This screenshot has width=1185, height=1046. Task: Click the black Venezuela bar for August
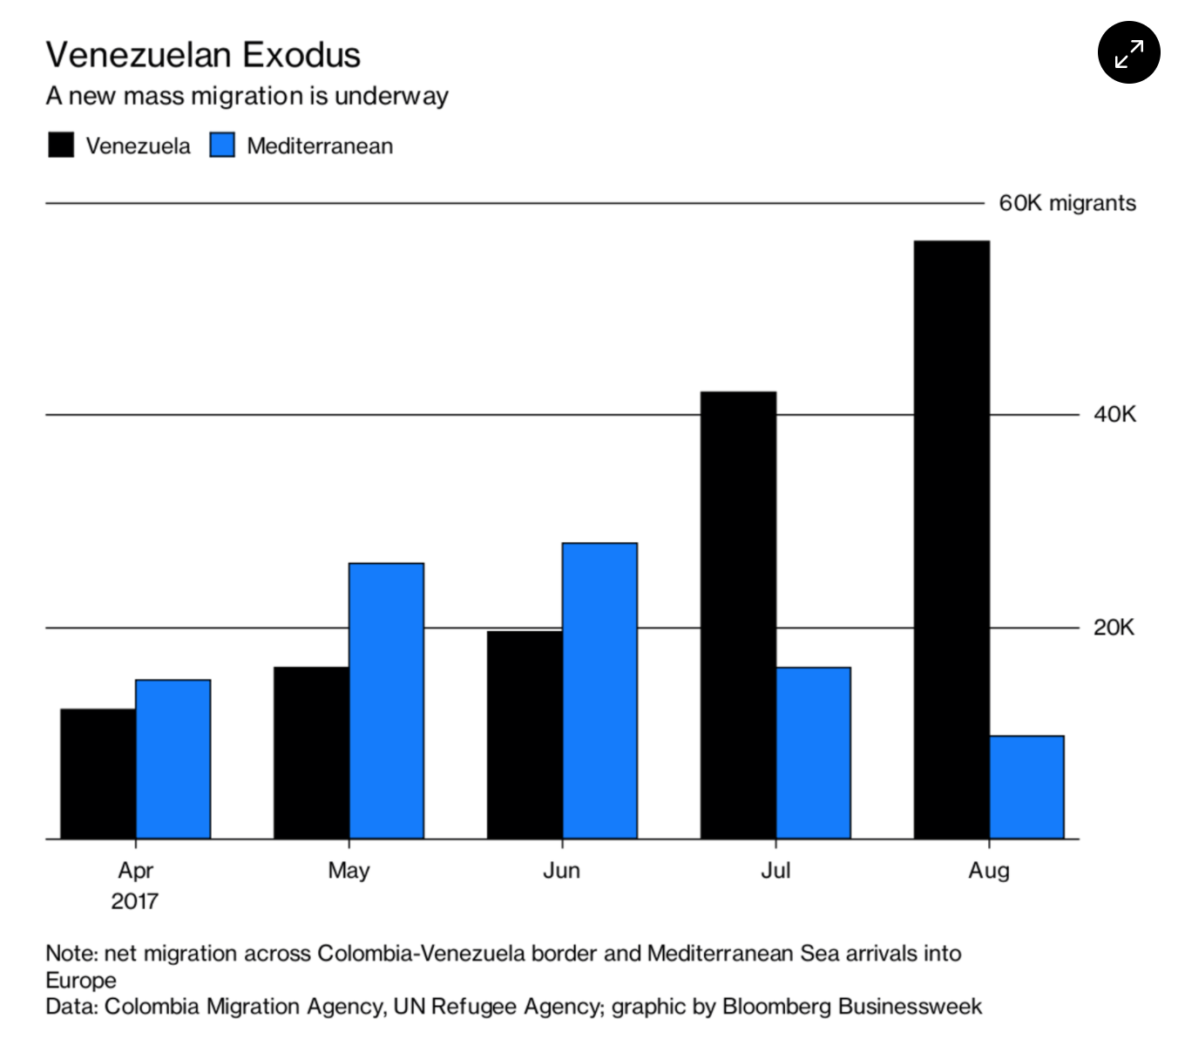click(951, 540)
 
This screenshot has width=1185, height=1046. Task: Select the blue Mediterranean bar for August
click(1026, 787)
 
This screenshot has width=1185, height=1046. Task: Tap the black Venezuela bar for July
click(738, 615)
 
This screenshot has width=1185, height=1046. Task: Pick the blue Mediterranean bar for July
click(813, 753)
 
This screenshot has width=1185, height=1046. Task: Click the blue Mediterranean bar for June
click(599, 690)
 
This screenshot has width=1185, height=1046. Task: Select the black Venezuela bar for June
click(525, 734)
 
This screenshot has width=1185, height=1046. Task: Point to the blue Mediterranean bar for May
click(386, 701)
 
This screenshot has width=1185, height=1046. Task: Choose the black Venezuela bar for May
click(311, 752)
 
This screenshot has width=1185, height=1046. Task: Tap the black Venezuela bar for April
click(98, 773)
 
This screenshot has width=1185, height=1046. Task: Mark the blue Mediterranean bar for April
click(173, 758)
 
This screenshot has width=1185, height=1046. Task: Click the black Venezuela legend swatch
click(61, 146)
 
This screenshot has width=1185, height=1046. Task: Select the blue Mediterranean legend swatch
click(222, 146)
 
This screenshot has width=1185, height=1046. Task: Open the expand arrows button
click(1128, 53)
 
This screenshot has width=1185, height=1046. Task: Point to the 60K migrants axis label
click(1066, 203)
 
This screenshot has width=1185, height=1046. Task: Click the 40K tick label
click(1114, 414)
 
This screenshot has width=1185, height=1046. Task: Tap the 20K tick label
click(1114, 627)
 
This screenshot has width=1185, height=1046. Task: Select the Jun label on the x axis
click(561, 870)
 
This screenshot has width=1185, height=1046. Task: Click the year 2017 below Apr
click(134, 900)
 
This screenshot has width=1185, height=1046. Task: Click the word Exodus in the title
click(301, 55)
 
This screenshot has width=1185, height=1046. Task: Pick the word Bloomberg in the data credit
click(776, 1007)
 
